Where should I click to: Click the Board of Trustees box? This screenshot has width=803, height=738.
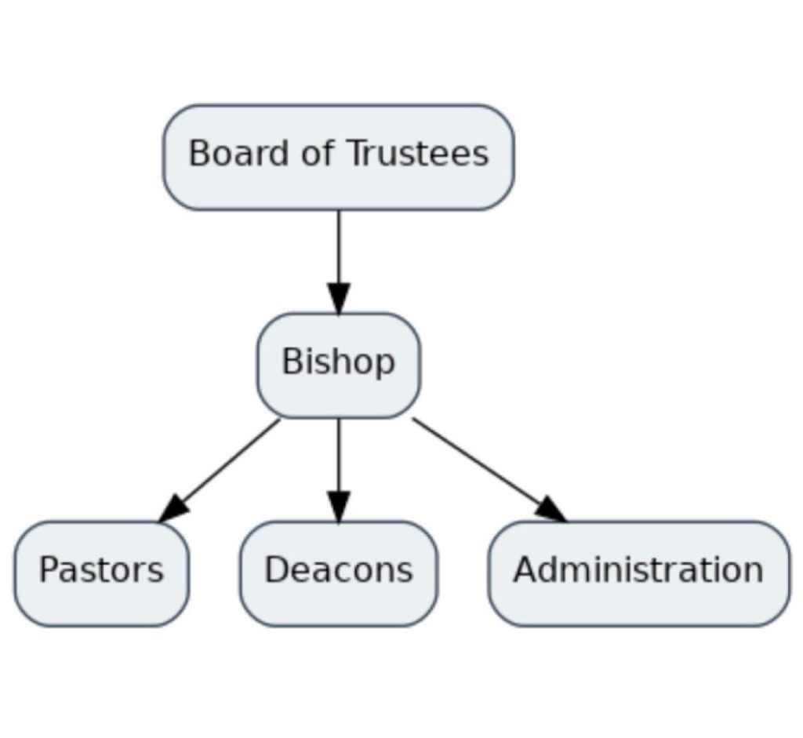pyautogui.click(x=338, y=157)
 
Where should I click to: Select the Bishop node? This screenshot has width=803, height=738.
pyautogui.click(x=338, y=365)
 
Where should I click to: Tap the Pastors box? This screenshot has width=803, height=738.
pyautogui.click(x=101, y=573)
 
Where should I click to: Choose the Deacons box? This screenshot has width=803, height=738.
pyautogui.click(x=338, y=573)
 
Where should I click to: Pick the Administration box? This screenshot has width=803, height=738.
pyautogui.click(x=638, y=573)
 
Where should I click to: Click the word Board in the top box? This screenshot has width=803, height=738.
pyautogui.click(x=227, y=153)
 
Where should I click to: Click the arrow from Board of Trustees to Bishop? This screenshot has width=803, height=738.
pyautogui.click(x=339, y=251)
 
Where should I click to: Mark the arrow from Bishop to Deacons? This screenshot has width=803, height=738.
pyautogui.click(x=339, y=463)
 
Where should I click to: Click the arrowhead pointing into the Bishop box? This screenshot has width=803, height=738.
pyautogui.click(x=339, y=298)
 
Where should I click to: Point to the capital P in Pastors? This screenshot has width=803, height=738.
pyautogui.click(x=49, y=570)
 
